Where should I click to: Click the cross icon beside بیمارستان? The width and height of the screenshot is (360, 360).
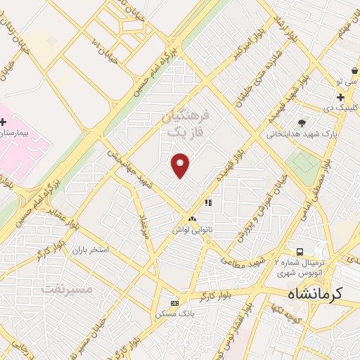(x=4, y=122)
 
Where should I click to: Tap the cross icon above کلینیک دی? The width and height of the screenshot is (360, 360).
(x=340, y=97)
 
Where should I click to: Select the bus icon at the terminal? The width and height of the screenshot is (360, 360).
(x=300, y=252)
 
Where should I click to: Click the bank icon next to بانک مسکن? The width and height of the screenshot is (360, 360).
(x=175, y=303)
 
